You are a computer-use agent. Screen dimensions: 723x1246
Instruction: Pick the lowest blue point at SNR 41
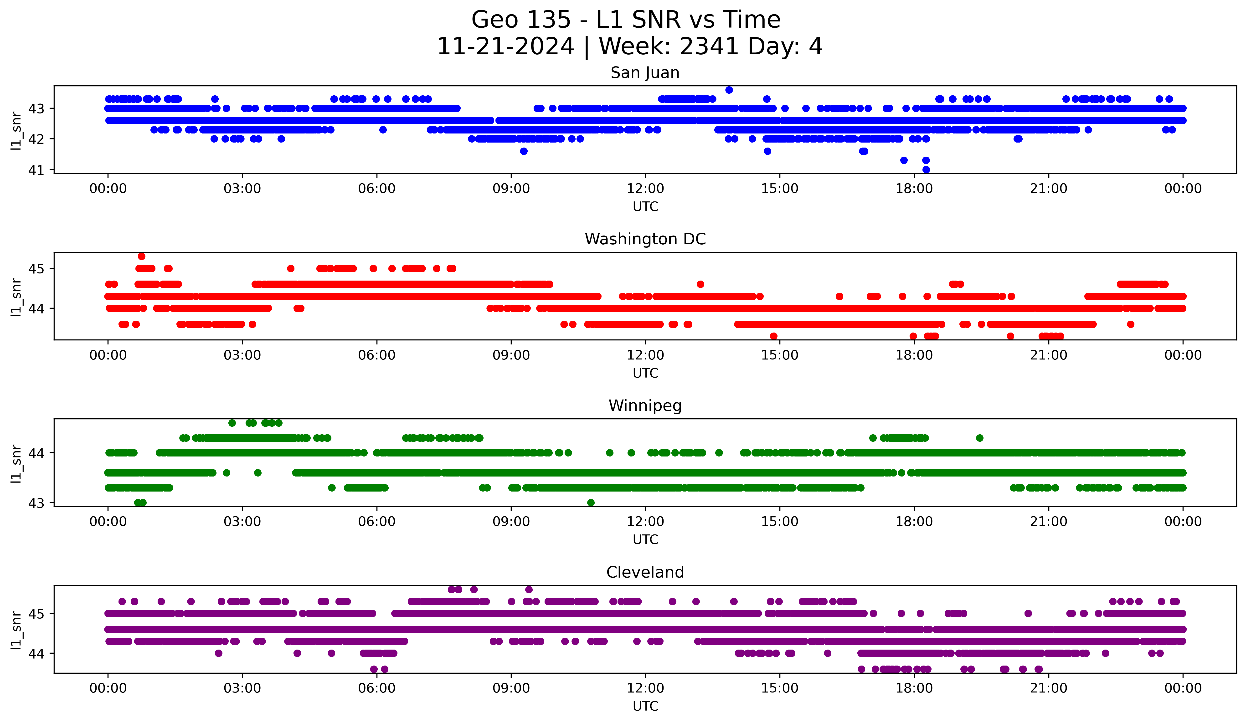[926, 169]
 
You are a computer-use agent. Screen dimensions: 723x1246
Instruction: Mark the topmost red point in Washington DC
[141, 256]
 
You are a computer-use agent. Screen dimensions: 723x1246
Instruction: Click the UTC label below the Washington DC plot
[645, 373]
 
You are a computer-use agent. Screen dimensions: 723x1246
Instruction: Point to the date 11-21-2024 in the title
[505, 46]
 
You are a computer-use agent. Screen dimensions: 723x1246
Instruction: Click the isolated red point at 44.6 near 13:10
[700, 284]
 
